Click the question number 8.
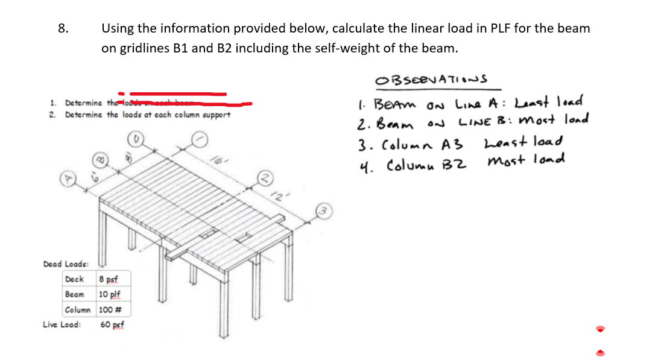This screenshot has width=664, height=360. click(x=63, y=28)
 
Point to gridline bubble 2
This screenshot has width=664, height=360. click(x=264, y=177)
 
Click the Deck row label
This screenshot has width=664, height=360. click(x=74, y=279)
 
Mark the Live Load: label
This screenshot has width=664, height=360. click(x=62, y=324)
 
